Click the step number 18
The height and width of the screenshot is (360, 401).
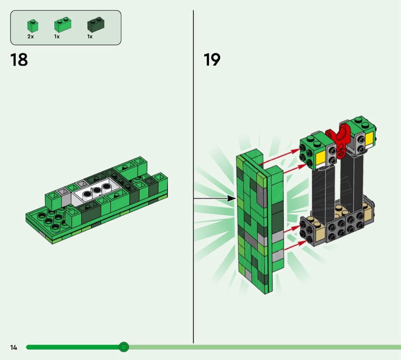click(x=19, y=60)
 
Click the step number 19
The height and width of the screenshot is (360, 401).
click(x=212, y=60)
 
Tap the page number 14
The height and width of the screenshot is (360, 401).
click(x=13, y=347)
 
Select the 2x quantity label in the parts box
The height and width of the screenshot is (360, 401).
click(x=31, y=37)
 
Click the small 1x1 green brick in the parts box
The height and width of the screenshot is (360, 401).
click(x=33, y=26)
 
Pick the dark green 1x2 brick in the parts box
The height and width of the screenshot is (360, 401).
click(x=96, y=24)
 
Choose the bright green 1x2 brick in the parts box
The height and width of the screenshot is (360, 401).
click(x=63, y=24)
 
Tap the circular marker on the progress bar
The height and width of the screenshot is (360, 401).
click(x=124, y=347)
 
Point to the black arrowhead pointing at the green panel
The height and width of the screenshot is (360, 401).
click(x=232, y=198)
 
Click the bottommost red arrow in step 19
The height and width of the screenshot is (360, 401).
click(x=295, y=245)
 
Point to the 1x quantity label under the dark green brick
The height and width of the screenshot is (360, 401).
click(x=90, y=37)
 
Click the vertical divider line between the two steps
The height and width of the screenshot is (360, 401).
click(x=193, y=177)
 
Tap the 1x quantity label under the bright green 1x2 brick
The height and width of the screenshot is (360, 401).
click(x=57, y=37)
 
